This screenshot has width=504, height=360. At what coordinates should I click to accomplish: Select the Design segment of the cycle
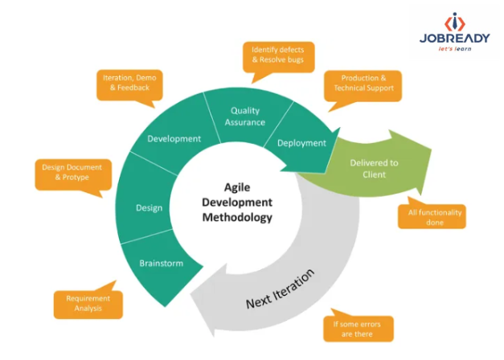click(x=150, y=208)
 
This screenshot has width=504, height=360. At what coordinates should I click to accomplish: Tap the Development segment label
click(x=174, y=138)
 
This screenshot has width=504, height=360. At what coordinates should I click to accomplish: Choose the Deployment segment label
click(x=301, y=143)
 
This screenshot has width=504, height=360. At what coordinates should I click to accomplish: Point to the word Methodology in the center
click(x=236, y=217)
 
